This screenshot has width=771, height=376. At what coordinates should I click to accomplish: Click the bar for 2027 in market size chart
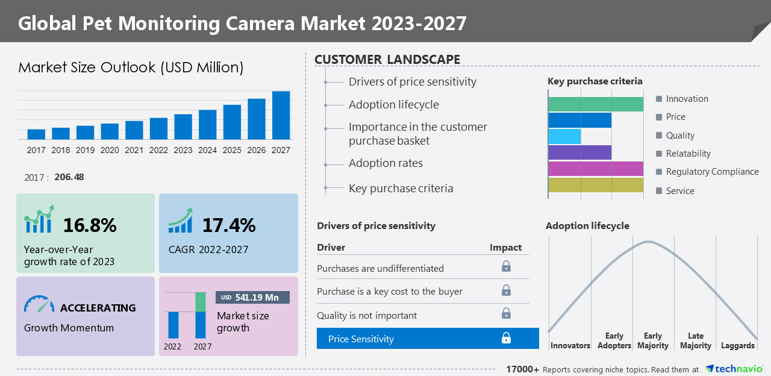281,115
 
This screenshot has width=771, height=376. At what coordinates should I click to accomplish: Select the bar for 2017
36,134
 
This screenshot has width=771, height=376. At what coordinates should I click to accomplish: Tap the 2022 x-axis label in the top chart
158,150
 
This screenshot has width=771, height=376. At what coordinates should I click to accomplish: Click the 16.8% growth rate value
90,225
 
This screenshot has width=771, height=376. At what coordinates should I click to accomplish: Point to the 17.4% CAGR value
229,225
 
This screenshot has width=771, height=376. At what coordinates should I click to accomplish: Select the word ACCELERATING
98,308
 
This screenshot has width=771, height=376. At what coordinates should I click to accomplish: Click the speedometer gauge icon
39,304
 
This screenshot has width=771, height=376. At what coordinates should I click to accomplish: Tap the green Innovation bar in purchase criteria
595,104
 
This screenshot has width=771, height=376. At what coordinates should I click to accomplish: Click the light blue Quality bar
564,136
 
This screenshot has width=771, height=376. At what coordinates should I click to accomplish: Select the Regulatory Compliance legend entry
711,172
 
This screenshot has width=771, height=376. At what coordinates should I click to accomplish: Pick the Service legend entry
679,191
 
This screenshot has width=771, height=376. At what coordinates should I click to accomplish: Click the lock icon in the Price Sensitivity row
506,339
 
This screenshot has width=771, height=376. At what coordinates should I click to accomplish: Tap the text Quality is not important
367,315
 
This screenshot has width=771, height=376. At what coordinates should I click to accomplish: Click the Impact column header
505,248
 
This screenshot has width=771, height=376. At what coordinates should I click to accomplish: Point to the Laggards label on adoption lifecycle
737,345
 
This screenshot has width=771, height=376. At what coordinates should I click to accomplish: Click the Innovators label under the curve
570,345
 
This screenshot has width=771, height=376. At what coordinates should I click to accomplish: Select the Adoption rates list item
385,163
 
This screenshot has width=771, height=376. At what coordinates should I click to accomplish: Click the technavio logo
734,369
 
